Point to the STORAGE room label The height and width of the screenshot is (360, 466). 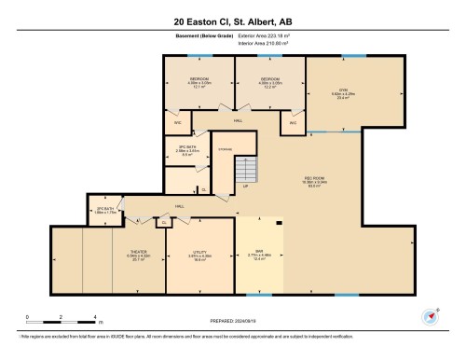pyautogui.click(x=225, y=150)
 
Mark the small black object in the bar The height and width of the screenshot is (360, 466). pyautogui.click(x=280, y=222)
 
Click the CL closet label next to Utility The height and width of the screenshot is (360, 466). pyautogui.click(x=164, y=223)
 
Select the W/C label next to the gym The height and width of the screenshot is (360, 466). pyautogui.click(x=292, y=123)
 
